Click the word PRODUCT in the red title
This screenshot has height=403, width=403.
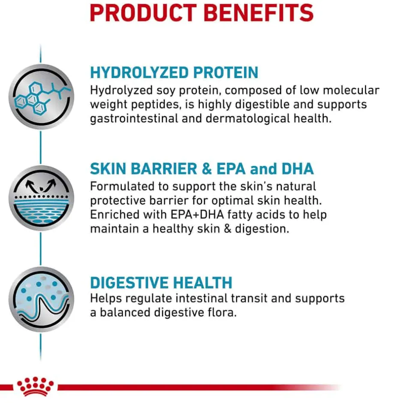[x=143, y=13]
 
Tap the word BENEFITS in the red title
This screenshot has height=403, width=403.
[x=259, y=13]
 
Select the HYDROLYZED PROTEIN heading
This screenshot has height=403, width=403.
[x=174, y=72]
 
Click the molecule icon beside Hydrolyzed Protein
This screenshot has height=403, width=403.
[x=42, y=96]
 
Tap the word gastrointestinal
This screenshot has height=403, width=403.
[x=134, y=119]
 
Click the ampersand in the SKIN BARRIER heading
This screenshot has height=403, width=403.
[x=207, y=169]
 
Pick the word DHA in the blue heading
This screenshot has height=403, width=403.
[x=298, y=169]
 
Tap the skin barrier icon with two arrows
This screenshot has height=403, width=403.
[x=42, y=198]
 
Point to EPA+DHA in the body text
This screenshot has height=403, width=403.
[x=197, y=215]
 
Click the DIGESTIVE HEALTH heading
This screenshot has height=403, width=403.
[x=161, y=283]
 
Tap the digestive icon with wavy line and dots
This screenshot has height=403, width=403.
[x=42, y=299]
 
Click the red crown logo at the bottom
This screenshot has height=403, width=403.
[x=36, y=386]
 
